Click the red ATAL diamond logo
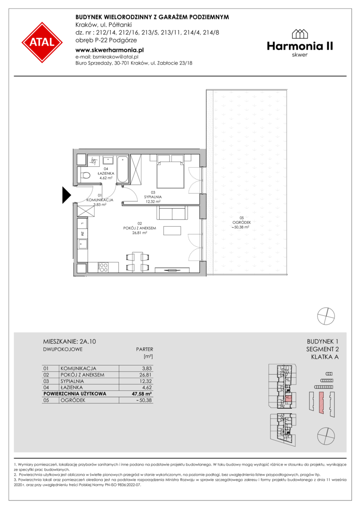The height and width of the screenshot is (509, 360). tap(42, 42)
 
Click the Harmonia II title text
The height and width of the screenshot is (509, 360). tap(300, 46)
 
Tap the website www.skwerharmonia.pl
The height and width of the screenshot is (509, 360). tap(109, 50)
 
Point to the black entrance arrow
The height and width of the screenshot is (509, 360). tap(66, 195)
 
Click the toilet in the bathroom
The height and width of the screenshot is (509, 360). tap(85, 176)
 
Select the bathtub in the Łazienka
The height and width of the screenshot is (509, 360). tap(123, 169)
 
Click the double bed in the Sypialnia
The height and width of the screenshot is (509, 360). tap(171, 172)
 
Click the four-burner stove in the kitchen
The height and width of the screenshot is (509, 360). tap(103, 267)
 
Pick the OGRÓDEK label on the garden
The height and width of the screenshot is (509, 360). tap(242, 222)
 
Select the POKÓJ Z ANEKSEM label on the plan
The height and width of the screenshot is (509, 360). tap(139, 228)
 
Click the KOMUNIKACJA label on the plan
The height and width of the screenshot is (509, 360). tap(100, 200)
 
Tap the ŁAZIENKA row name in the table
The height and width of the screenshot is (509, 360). tap(72, 387)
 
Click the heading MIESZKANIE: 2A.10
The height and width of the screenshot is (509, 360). tap(69, 342)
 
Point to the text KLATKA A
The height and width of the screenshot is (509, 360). tap(325, 357)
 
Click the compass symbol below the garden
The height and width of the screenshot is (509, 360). tap(326, 316)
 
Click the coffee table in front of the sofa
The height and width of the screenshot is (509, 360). tap(172, 230)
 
